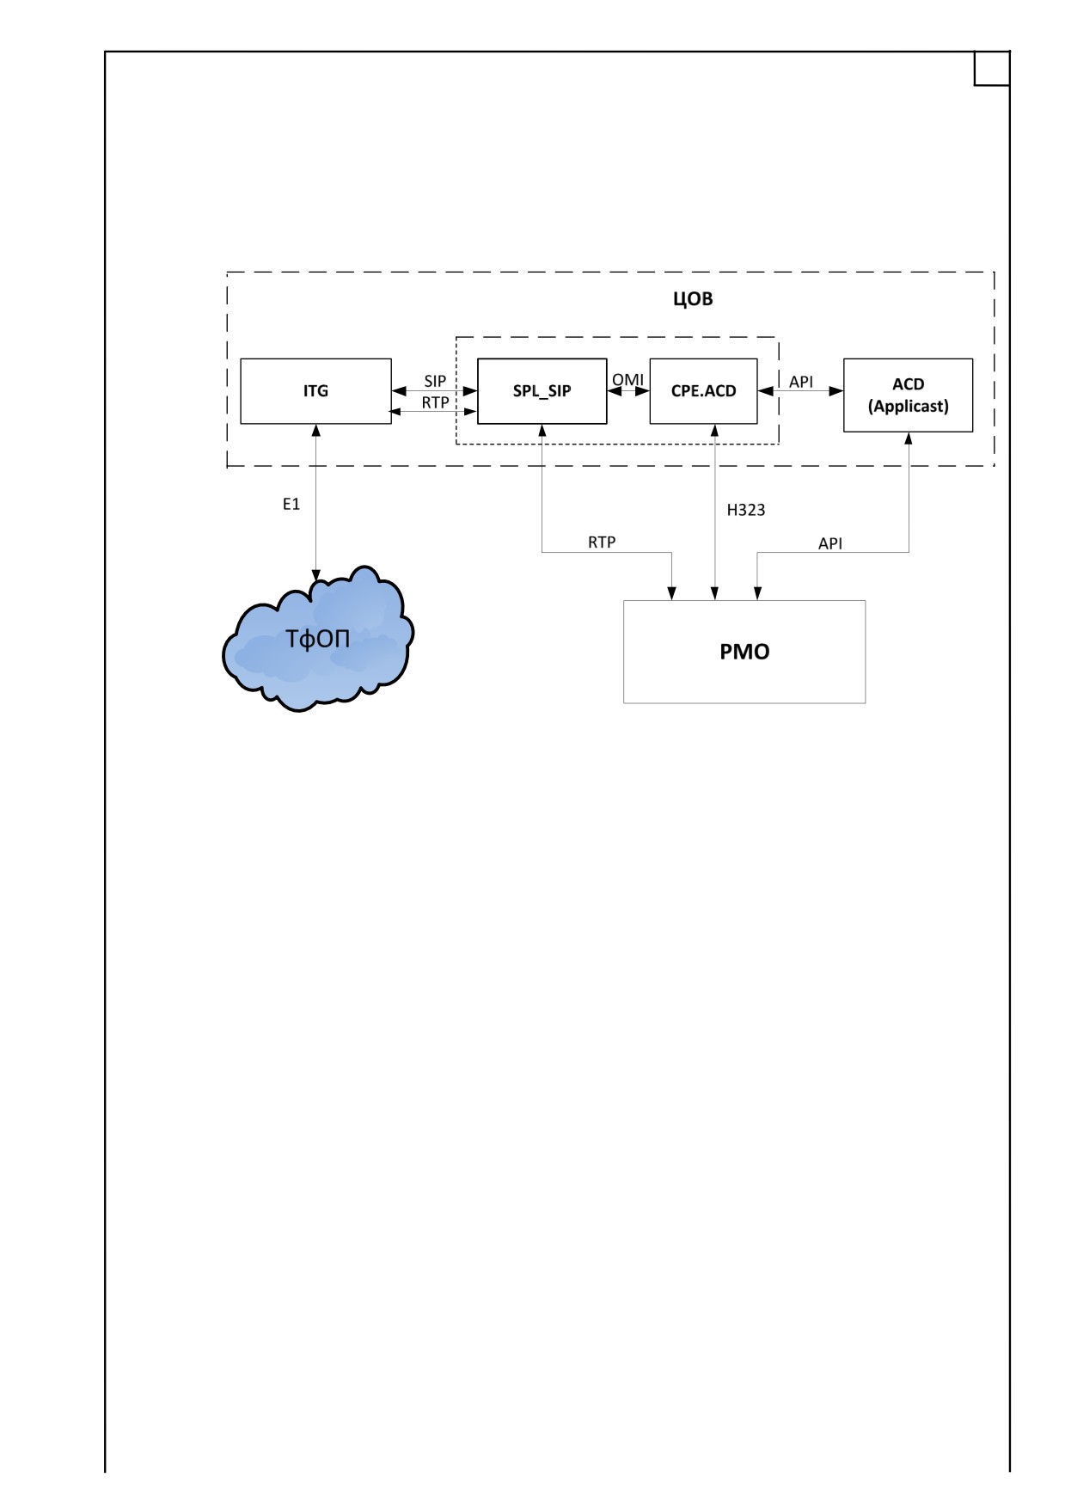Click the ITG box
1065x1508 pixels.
315,391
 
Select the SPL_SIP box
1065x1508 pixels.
542,391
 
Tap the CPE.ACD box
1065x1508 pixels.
703,391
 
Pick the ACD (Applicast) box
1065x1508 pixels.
908,395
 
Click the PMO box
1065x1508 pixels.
744,652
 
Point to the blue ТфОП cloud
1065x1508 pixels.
318,639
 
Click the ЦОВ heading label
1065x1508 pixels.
693,299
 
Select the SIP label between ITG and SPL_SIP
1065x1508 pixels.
435,381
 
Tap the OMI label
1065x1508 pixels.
627,379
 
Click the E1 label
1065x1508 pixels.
291,504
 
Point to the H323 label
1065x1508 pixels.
746,510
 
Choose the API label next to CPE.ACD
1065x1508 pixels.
801,382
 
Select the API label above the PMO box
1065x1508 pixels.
830,543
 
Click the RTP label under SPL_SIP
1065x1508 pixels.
602,542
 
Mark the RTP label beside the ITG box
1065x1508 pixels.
435,402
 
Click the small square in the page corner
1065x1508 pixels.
991,69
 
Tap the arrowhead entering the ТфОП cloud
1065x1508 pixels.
316,573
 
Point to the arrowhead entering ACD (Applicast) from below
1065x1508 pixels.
909,438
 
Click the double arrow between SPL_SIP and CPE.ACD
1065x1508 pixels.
628,391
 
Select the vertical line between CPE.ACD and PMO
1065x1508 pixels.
714,512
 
